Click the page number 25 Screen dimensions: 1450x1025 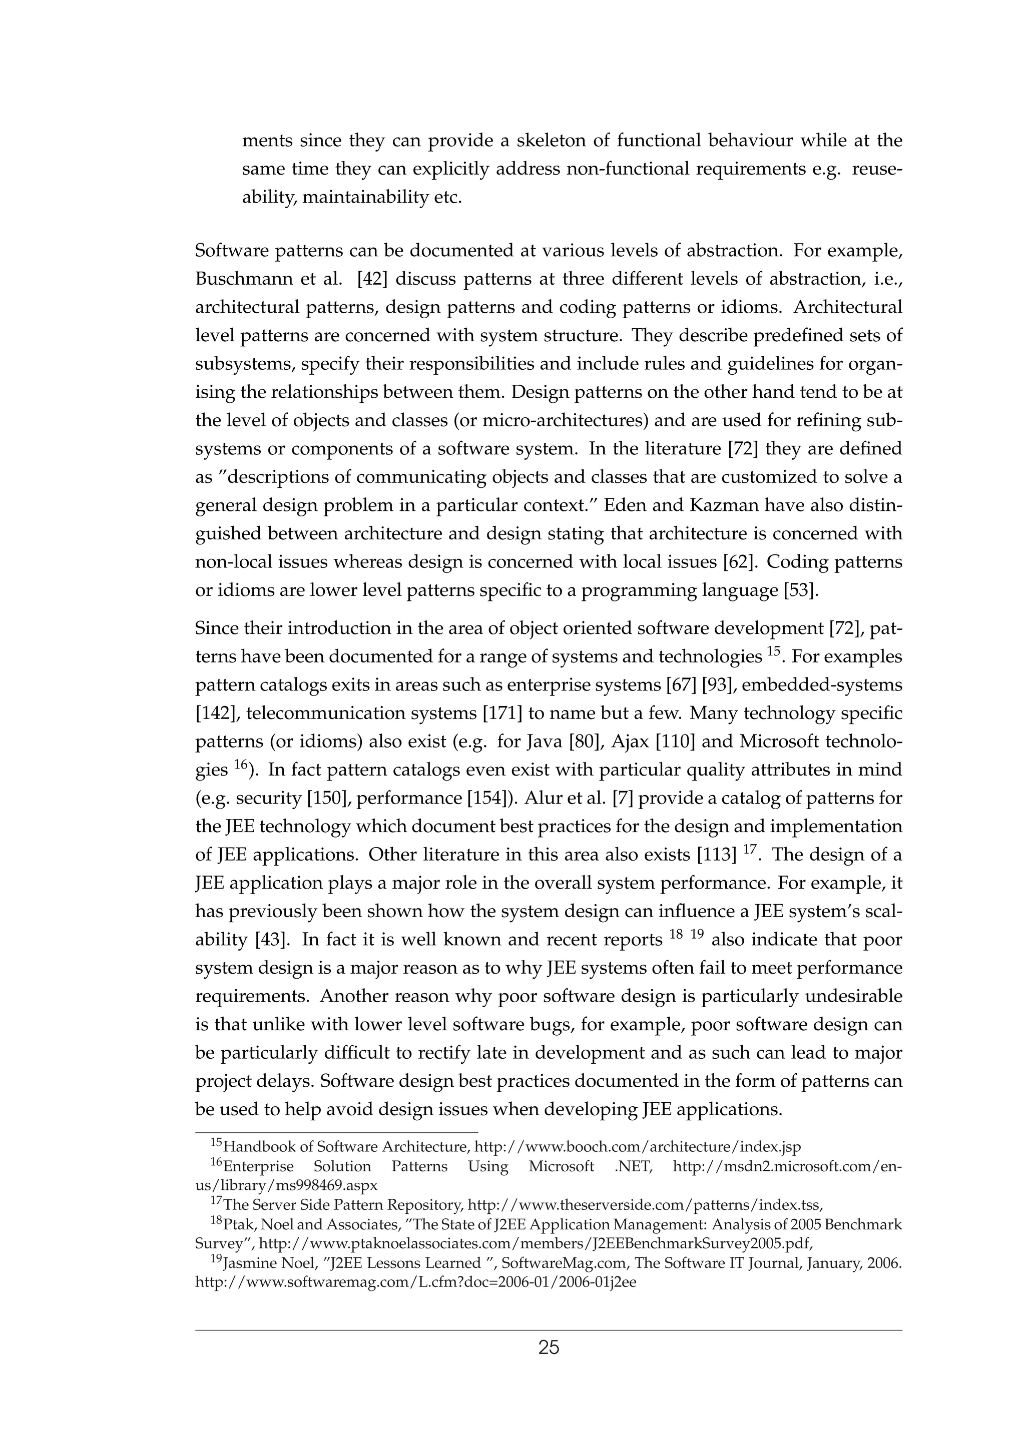point(548,1348)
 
